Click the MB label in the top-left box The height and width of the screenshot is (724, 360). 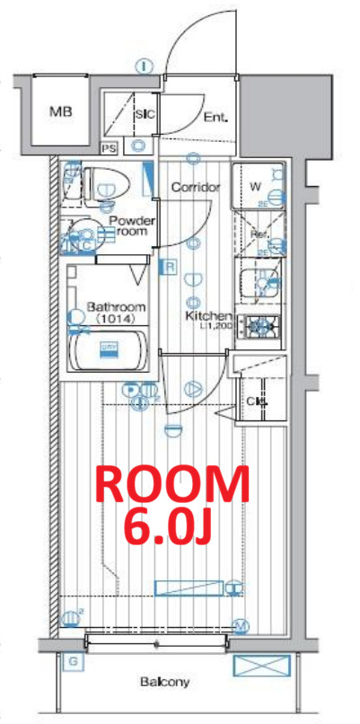61,112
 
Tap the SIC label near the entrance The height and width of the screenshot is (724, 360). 145,115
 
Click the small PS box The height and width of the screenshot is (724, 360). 110,148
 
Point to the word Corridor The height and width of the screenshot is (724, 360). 195,188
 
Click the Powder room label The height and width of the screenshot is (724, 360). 132,225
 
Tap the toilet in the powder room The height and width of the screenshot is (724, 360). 110,183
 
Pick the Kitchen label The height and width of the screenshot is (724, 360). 208,317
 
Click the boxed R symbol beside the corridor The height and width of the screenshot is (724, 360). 168,266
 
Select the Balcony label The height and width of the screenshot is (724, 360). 163,683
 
